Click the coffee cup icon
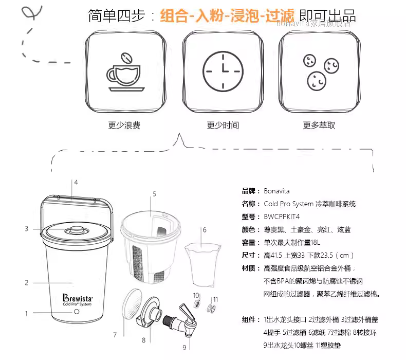[x=125, y=73]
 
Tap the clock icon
[x=223, y=71]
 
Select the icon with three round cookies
[x=321, y=72]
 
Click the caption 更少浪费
[x=124, y=125]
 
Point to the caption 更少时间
[x=223, y=125]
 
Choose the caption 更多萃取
[x=319, y=125]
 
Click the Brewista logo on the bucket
[x=77, y=300]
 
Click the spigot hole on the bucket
[x=77, y=312]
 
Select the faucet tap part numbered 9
[x=181, y=320]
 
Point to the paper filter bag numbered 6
[x=202, y=264]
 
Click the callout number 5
[x=154, y=194]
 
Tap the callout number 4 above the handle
[x=76, y=182]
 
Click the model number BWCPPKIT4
[x=282, y=217]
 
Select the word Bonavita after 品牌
[x=276, y=191]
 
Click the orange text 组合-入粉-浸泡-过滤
[x=227, y=15]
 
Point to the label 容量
[x=249, y=243]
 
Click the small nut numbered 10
[x=197, y=304]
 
